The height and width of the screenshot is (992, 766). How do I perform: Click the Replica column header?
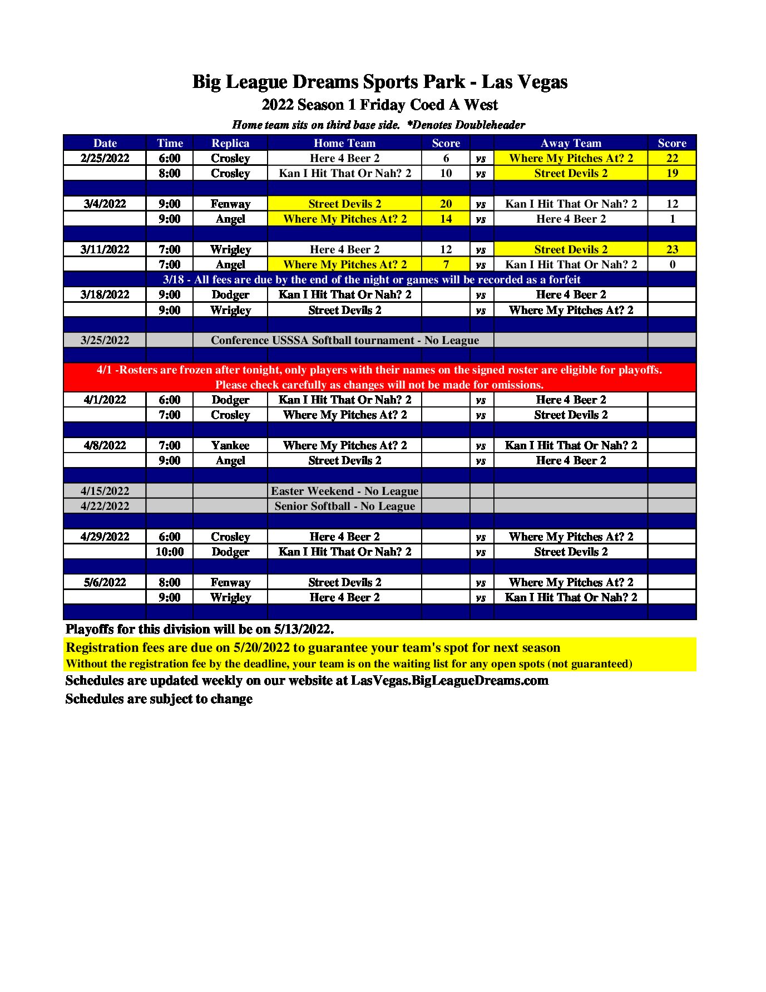pos(230,143)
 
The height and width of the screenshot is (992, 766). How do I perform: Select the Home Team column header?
pos(344,143)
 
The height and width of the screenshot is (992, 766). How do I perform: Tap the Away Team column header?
pos(571,143)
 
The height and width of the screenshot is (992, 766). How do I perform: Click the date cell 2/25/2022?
pos(105,158)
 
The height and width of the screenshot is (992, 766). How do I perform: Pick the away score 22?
pos(672,158)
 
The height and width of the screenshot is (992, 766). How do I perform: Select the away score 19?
pos(672,173)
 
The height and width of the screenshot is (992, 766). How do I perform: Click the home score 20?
pos(446,204)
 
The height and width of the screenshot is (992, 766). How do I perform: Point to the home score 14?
pos(446,219)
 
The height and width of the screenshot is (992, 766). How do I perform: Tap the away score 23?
pos(672,249)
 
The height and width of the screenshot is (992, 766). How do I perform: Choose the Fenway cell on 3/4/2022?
pos(230,204)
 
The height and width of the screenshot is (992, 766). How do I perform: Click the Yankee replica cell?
pos(230,445)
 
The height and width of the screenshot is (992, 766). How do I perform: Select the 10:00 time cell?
pos(170,552)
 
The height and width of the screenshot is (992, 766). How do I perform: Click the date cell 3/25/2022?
pos(105,340)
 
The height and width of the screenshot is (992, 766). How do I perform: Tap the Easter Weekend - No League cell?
pos(344,491)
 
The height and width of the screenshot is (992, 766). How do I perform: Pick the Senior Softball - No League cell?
pos(344,506)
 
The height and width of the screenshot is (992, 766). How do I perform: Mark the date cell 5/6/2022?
pos(105,582)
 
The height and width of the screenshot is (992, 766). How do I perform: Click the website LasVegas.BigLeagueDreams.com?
pos(449,680)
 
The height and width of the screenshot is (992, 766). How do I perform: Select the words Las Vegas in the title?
pos(525,82)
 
